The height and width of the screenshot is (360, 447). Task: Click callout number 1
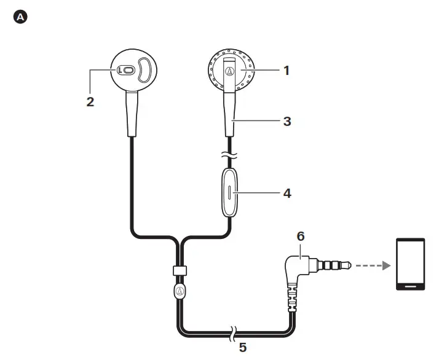(285, 69)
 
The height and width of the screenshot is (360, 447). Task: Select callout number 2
(90, 102)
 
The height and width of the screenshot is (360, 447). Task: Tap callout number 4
(286, 193)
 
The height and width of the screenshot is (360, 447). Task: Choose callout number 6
(301, 235)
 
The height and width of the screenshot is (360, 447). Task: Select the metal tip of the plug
(348, 265)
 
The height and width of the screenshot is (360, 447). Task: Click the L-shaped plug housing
(298, 270)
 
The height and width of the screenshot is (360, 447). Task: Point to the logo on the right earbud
(229, 71)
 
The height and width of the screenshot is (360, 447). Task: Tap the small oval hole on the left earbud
(125, 70)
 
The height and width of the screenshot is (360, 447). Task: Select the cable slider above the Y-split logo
(178, 271)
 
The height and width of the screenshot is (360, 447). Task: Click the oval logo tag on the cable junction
(179, 290)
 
